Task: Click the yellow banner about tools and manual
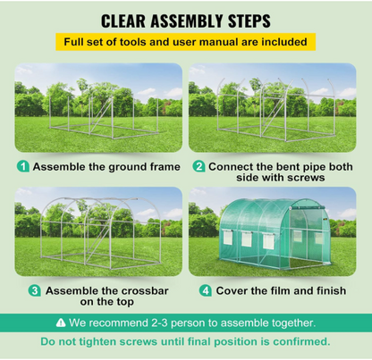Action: pos(185,42)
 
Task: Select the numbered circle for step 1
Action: pos(22,167)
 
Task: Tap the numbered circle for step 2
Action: pos(199,167)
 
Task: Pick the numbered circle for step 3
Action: pos(35,290)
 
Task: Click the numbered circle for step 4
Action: pos(206,290)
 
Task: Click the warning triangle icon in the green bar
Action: pos(61,322)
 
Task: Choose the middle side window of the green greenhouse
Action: pos(247,239)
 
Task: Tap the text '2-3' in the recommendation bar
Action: pos(159,322)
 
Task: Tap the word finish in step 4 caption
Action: pos(332,290)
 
